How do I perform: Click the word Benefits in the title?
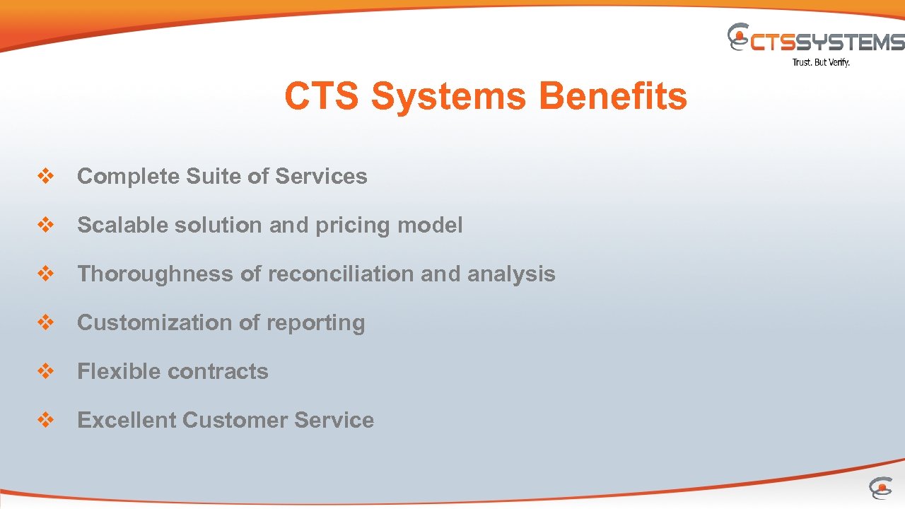point(612,96)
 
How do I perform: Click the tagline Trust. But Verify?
point(821,62)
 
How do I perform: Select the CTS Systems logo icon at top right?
point(739,37)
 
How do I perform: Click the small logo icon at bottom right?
point(880,488)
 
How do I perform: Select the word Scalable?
point(123,226)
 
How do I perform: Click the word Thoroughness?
point(155,274)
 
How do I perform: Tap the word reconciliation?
point(340,274)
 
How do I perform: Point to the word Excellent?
point(127,420)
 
